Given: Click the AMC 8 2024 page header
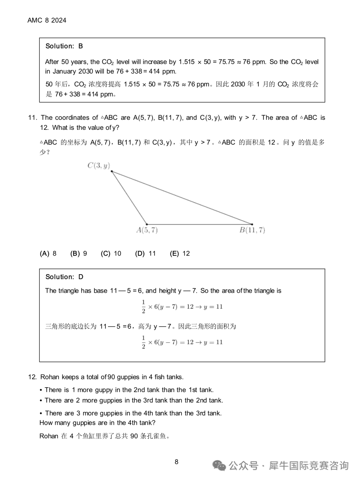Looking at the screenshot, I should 47,20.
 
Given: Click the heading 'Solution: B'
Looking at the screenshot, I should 64,46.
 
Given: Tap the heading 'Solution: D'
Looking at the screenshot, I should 64,277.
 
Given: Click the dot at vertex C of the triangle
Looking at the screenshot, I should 112,171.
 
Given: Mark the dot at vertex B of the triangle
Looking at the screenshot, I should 252,224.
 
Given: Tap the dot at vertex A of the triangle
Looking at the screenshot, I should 147,224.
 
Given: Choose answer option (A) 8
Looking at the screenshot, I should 48,254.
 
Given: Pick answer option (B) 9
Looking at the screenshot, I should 79,254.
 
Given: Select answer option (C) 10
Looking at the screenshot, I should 111,254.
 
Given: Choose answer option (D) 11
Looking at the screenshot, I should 145,254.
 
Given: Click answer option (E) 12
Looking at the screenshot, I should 180,254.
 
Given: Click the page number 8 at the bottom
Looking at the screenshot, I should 176,462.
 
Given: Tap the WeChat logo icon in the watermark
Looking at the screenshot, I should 219,465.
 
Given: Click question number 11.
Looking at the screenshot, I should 32,118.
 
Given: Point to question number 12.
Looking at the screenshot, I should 32,377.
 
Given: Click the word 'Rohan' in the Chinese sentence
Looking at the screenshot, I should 49,436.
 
